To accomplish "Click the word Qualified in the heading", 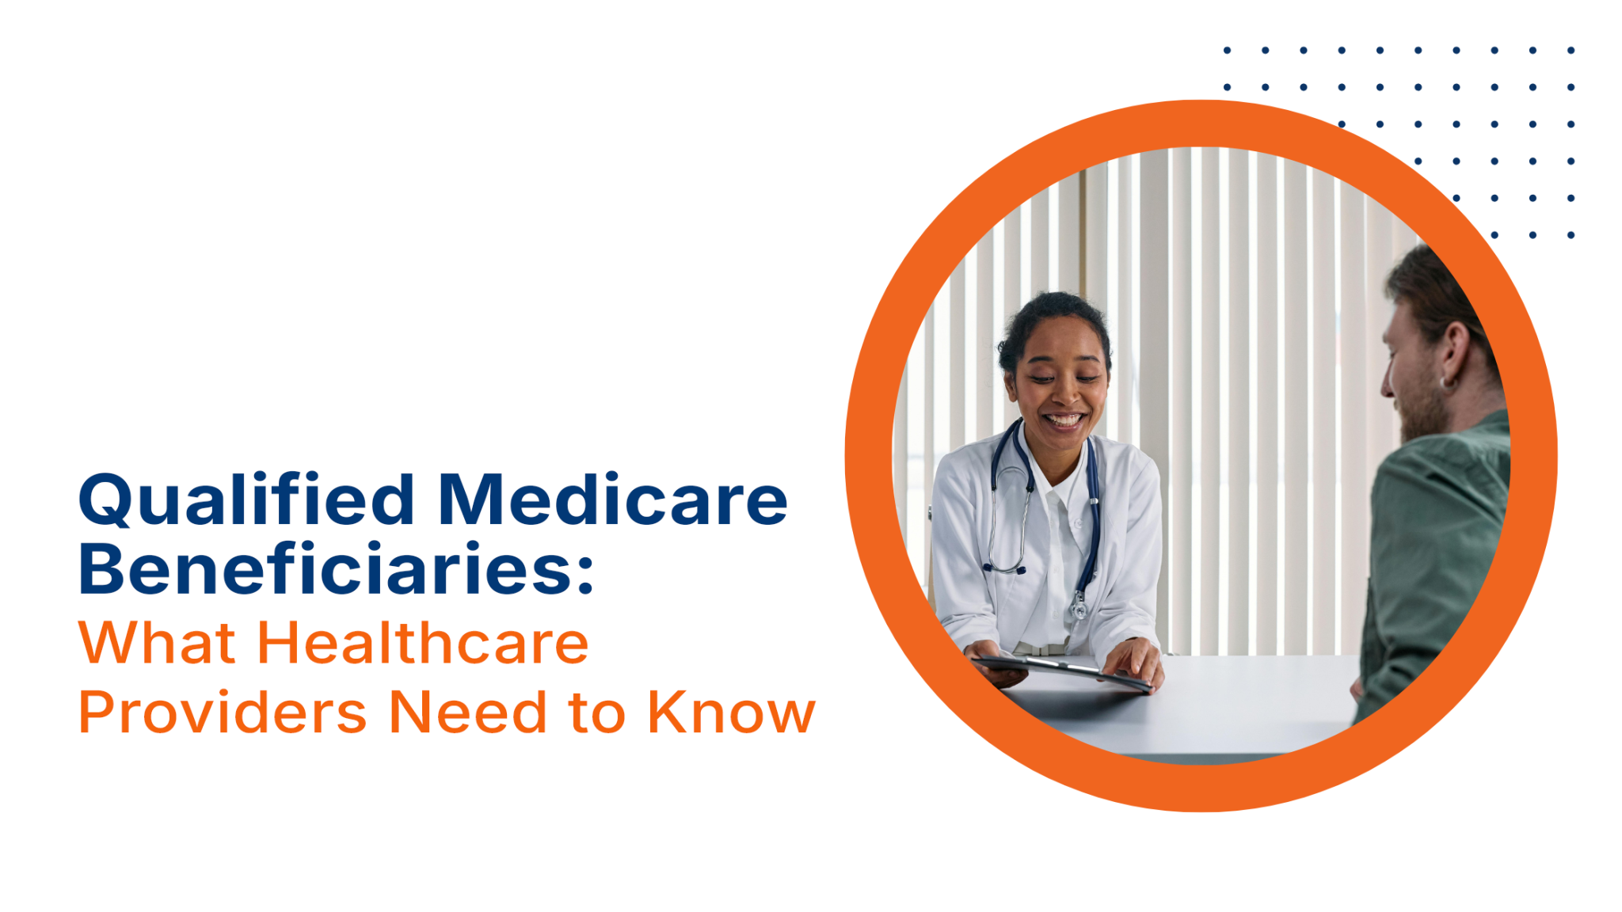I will pos(246,500).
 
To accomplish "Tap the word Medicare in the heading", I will pos(612,500).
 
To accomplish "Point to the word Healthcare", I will pos(423,642).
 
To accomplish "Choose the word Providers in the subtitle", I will pos(223,712).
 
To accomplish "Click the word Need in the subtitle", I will pos(468,712).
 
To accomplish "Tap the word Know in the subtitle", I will pos(732,712).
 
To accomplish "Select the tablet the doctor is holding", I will pos(1061,671).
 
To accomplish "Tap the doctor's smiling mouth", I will pos(1063,420).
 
